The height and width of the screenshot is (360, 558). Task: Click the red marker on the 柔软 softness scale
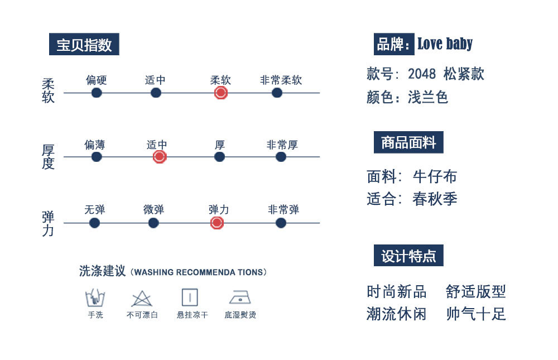220,93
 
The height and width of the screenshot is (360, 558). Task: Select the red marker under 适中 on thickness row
160,157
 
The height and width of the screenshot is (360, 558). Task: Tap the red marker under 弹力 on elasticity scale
217,223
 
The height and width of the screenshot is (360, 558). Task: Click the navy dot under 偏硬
97,93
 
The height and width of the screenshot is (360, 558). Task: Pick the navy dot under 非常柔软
277,93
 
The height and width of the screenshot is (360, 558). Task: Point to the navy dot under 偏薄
97,157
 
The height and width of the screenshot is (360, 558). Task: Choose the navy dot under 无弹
94,223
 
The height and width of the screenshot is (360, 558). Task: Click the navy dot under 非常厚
281,157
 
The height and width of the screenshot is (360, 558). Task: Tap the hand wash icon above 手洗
95,297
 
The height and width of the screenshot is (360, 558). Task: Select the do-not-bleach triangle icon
142,299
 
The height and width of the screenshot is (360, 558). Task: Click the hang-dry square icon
190,297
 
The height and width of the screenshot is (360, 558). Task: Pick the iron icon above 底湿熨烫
240,297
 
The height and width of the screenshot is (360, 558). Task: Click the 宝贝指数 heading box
84,45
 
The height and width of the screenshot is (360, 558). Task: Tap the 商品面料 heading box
408,143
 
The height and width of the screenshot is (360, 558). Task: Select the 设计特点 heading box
408,256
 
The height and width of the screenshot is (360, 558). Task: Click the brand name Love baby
445,44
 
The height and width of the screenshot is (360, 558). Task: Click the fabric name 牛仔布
435,177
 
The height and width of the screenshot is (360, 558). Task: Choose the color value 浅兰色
428,98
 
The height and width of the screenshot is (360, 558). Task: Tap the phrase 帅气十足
476,314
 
